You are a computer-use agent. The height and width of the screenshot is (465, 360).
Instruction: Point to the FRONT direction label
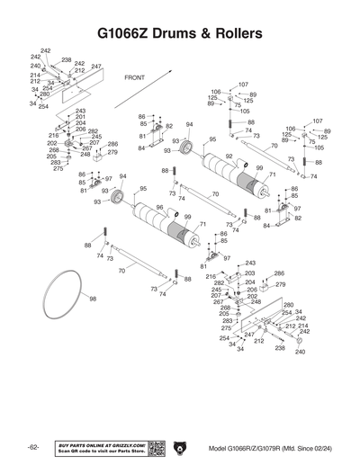(134, 78)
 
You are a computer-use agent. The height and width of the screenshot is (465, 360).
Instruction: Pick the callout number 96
(159, 208)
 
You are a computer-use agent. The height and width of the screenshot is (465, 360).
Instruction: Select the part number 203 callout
(249, 273)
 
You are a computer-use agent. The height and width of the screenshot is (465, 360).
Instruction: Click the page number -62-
(32, 447)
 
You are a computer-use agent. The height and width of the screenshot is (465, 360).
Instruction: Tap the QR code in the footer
(154, 447)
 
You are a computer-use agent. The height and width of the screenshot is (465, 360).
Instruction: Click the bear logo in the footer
(181, 447)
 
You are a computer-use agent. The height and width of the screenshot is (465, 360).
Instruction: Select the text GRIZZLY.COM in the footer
(124, 443)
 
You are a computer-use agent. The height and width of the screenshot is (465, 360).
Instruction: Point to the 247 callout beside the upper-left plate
(96, 67)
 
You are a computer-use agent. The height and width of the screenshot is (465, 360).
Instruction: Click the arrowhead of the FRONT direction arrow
(171, 64)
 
